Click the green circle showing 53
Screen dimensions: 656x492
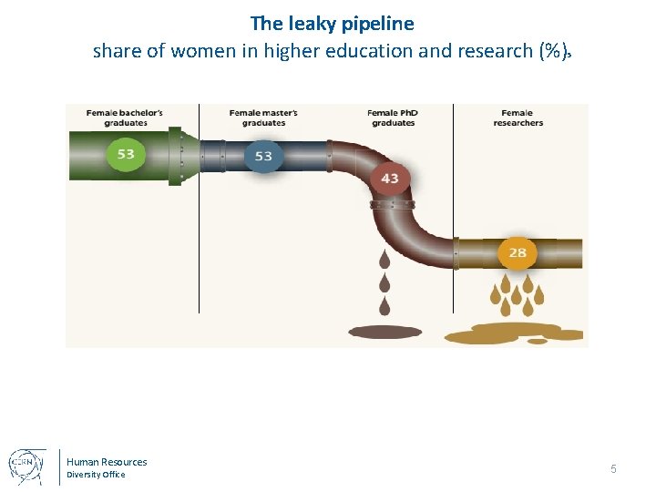click(x=126, y=153)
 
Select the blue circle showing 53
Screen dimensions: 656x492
click(x=263, y=156)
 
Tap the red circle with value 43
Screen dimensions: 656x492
click(x=390, y=178)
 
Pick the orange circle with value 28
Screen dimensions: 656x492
click(x=518, y=252)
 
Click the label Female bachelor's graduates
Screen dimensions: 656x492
click(x=126, y=118)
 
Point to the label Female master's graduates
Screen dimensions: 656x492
click(x=263, y=118)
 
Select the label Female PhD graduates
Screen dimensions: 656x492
click(x=393, y=118)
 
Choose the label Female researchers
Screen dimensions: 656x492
click(x=518, y=118)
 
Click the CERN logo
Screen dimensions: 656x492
click(x=27, y=466)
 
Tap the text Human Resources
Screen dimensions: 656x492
click(x=107, y=462)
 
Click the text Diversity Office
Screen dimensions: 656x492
click(x=96, y=475)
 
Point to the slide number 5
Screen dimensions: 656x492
click(x=613, y=468)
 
